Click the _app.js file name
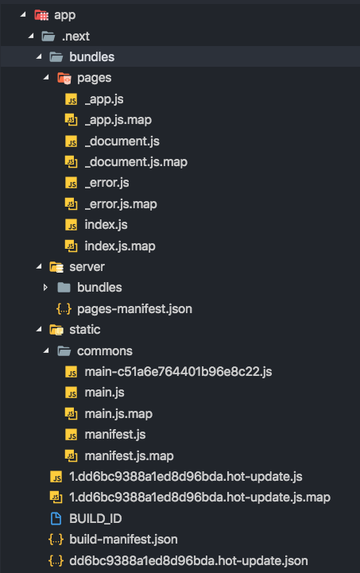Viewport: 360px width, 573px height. click(104, 99)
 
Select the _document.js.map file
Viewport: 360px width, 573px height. click(136, 162)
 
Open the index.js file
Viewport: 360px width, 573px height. click(106, 225)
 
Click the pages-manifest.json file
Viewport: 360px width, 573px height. click(134, 309)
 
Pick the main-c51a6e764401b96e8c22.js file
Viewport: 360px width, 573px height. click(178, 372)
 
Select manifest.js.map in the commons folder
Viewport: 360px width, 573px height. click(129, 456)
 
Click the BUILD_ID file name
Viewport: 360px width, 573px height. click(95, 519)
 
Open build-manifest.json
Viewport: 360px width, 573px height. click(123, 540)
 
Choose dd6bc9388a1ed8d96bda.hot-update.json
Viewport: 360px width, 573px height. click(188, 561)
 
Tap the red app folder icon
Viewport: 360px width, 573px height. click(41, 15)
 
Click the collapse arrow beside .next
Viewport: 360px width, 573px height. click(31, 36)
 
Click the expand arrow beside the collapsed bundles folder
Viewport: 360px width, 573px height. click(45, 288)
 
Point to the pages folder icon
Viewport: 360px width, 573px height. click(64, 78)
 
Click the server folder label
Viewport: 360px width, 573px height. click(87, 267)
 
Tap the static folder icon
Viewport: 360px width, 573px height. click(56, 330)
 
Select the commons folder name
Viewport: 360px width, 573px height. click(105, 351)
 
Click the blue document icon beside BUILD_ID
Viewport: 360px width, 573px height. click(56, 518)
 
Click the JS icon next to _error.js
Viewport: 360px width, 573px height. click(72, 183)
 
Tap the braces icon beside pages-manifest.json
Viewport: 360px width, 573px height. click(64, 309)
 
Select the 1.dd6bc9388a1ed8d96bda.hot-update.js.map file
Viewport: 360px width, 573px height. click(200, 498)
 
